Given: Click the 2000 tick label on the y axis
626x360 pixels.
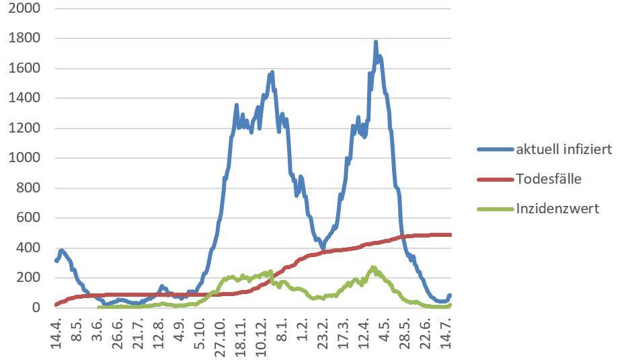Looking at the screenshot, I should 23,8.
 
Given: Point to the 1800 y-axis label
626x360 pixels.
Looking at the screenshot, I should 23,38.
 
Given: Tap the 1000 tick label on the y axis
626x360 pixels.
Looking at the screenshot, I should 23,158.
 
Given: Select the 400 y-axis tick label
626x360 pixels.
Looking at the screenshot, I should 26,248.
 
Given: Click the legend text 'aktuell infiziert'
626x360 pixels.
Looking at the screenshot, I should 563,149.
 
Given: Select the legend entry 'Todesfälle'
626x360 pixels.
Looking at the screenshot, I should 549,179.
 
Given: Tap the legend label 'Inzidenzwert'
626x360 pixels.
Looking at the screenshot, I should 557,209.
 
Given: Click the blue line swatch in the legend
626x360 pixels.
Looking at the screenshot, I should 495,149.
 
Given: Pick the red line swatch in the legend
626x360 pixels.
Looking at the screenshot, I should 495,179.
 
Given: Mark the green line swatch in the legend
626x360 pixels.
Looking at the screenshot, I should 495,209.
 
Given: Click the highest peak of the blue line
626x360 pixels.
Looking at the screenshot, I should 375,42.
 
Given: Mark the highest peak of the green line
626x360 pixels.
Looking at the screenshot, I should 373,268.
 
